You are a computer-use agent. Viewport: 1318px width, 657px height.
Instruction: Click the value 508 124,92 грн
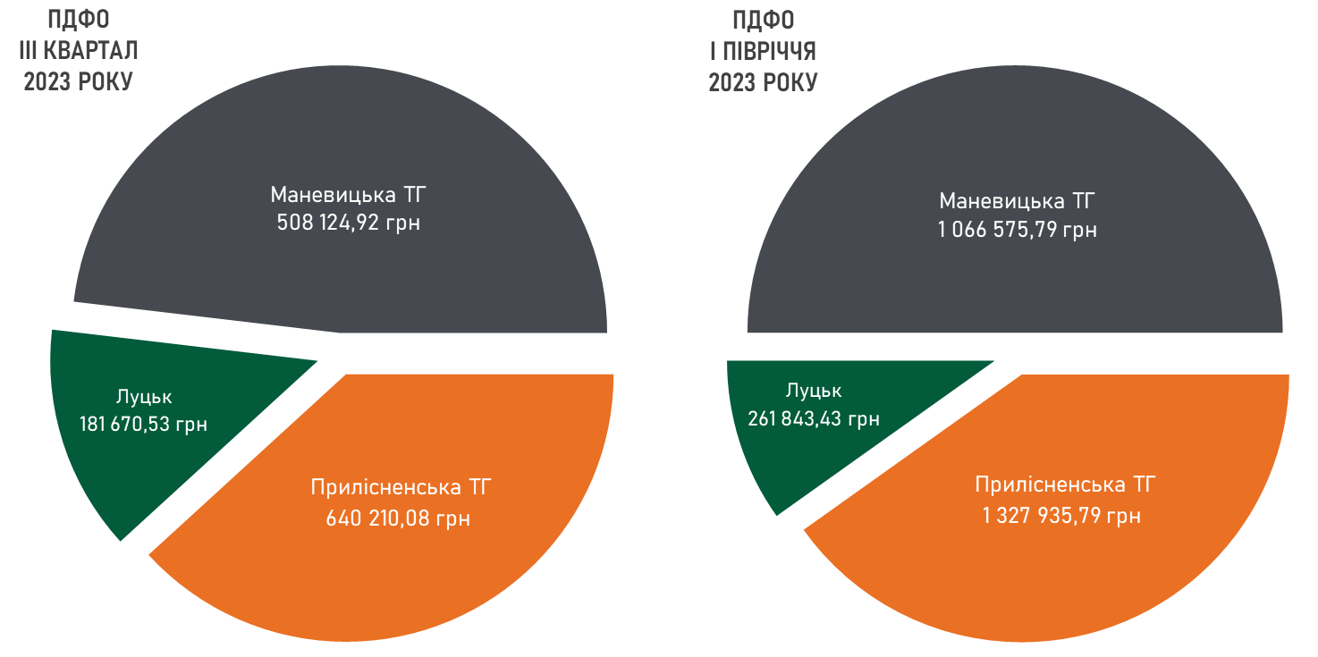tap(349, 223)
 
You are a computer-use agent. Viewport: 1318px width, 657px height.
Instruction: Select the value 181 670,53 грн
tap(143, 424)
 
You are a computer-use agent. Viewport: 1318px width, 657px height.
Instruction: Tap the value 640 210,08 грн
tap(398, 518)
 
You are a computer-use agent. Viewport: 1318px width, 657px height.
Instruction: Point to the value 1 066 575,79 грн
tap(1018, 231)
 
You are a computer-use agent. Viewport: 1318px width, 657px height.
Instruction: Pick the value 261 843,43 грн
tap(813, 418)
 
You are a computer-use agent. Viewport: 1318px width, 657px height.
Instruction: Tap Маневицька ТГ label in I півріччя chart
tap(1018, 200)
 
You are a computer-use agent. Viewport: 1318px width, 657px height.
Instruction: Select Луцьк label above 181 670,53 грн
tap(143, 396)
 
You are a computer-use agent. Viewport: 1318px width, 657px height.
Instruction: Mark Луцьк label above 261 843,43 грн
tap(814, 391)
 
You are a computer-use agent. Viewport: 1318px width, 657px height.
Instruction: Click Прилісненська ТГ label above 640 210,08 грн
tap(401, 488)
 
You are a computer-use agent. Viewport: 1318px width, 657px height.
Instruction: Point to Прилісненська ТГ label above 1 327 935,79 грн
tap(1065, 485)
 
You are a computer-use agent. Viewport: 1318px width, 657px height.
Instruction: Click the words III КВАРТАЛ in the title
tap(80, 51)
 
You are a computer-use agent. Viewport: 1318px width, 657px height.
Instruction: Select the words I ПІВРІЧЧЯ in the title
tap(762, 51)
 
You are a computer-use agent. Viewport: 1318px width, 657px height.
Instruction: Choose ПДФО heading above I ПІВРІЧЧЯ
tap(763, 20)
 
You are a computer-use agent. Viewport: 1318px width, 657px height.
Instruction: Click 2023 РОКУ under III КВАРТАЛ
tap(79, 82)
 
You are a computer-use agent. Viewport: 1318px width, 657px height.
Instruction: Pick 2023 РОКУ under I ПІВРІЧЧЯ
tap(763, 82)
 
